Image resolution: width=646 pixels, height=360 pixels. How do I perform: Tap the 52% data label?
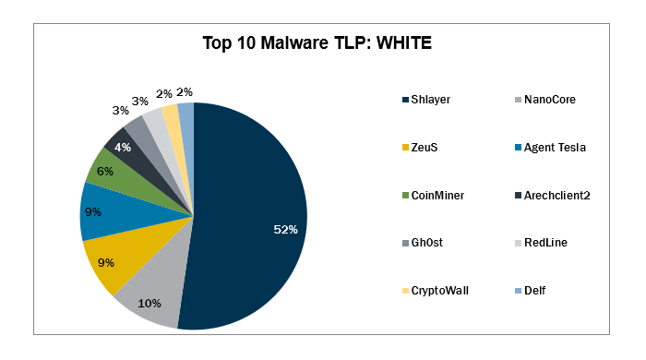coord(285,229)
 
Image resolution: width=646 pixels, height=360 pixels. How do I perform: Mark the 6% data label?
coord(106,171)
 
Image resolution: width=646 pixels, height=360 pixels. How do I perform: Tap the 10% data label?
coord(150,304)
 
